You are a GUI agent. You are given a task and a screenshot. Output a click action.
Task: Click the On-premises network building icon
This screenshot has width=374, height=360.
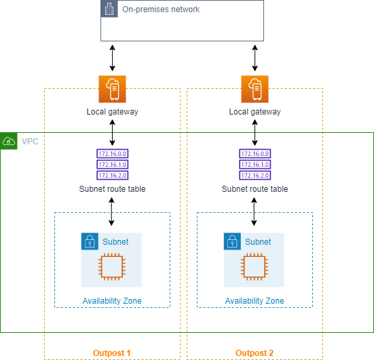[109, 9]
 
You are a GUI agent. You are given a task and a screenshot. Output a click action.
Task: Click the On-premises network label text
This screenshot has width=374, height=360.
[160, 10]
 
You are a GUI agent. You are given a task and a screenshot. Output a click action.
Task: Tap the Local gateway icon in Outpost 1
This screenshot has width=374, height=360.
[112, 90]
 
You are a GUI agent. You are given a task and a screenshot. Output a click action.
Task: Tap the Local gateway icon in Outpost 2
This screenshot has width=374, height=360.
[255, 90]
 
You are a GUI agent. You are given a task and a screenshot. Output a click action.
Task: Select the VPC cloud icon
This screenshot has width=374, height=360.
[9, 141]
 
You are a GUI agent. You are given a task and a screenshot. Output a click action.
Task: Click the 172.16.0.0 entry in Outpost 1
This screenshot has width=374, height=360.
[112, 155]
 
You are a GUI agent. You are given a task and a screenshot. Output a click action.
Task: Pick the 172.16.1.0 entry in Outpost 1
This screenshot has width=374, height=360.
[112, 165]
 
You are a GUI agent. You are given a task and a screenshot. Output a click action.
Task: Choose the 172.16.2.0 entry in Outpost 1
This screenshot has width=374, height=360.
[112, 175]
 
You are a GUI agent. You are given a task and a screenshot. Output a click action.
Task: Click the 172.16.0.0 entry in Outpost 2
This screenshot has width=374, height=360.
[255, 155]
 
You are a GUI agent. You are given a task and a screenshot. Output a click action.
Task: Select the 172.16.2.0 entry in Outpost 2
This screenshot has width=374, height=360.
[255, 175]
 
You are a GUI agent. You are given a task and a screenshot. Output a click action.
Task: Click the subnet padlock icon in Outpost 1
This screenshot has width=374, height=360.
[90, 241]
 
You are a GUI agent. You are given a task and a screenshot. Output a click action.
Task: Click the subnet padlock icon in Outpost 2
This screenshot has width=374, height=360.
[233, 241]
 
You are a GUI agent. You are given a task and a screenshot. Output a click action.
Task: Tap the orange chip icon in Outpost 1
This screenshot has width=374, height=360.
[112, 268]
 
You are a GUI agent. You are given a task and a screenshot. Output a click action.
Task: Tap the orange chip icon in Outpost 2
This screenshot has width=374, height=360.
[255, 268]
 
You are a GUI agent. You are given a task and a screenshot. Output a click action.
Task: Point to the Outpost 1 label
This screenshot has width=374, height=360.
[112, 353]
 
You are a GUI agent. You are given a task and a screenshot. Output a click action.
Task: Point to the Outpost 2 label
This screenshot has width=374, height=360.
[255, 353]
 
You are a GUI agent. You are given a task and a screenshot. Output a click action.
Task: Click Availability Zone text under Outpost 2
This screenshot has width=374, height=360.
[255, 301]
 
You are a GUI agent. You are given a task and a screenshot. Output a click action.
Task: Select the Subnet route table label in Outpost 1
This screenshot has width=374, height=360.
[112, 189]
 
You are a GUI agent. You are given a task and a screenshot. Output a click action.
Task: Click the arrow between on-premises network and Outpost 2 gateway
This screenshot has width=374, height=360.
[255, 58]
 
